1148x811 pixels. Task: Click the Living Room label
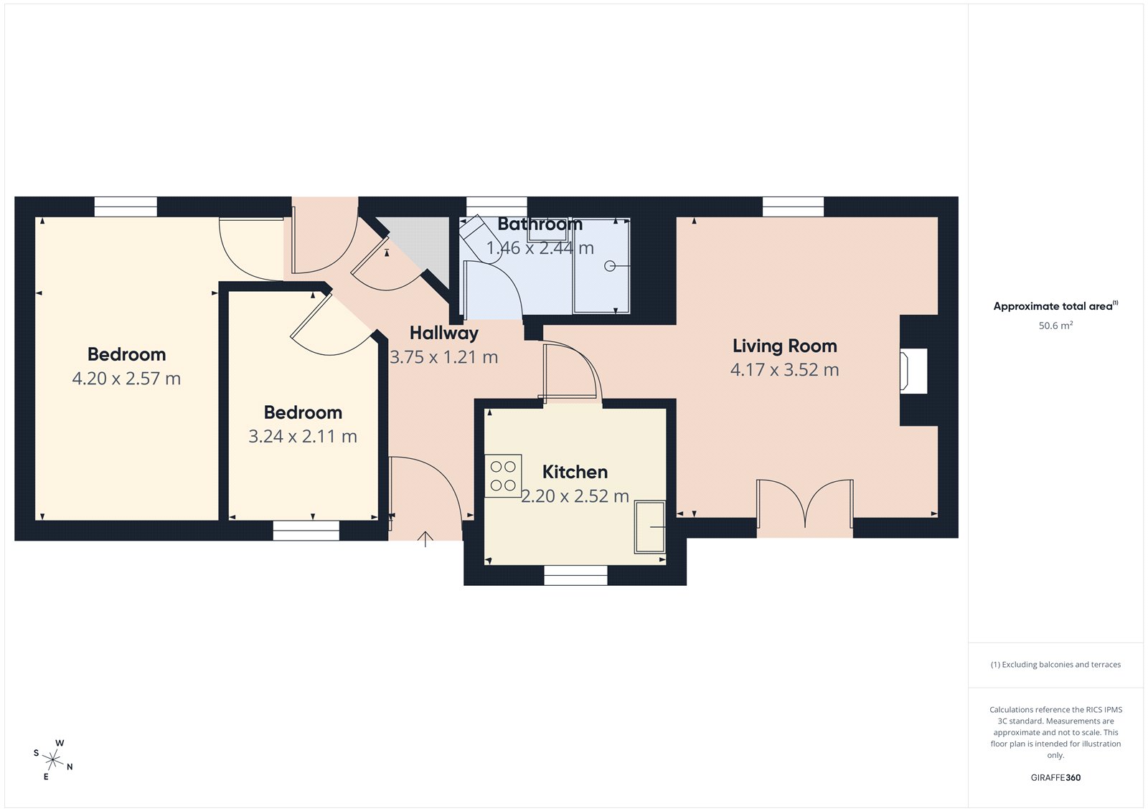(784, 346)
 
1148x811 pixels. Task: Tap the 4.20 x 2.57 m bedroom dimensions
(126, 379)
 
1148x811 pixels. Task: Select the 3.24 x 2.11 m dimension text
(302, 437)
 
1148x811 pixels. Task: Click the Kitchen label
(575, 472)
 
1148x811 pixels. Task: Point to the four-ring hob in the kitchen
(503, 476)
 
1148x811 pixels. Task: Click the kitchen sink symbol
(649, 527)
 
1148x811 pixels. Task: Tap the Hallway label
(443, 333)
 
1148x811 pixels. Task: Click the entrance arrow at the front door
(425, 539)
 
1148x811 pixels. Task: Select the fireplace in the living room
(913, 371)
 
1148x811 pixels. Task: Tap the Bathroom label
(540, 224)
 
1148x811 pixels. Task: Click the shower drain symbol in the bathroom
(609, 266)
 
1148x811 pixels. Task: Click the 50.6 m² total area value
(1055, 326)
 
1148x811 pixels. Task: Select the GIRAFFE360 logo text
(1055, 777)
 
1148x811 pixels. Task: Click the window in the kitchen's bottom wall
(575, 575)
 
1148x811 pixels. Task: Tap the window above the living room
(793, 207)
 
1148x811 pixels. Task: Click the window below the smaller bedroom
(306, 531)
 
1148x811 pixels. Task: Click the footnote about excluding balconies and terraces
(1055, 665)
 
